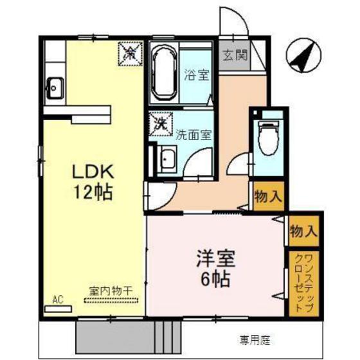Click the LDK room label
pos(91,172)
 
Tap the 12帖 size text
pos(91,191)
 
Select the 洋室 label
pos(215,258)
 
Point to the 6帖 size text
pos(215,278)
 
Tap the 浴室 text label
pos(196,75)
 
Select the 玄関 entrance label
pos(234,56)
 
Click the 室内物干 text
pos(109,291)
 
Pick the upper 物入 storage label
pos(267,197)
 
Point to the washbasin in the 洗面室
pos(168,159)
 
